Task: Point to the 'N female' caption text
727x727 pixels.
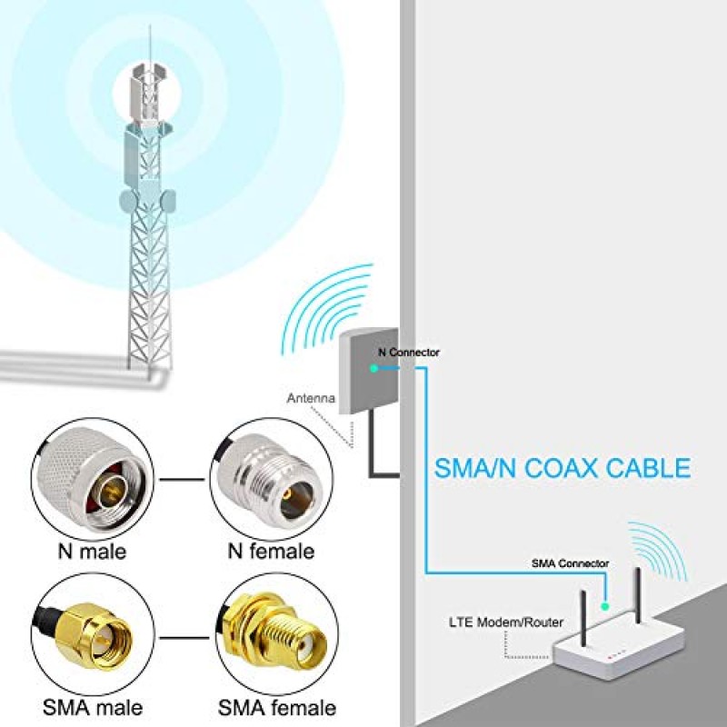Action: click(x=269, y=551)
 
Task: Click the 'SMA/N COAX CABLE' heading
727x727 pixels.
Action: click(x=562, y=469)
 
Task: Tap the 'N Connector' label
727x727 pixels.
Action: click(x=409, y=352)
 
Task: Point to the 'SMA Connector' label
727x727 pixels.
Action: click(x=570, y=563)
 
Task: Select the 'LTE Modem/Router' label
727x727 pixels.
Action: click(x=506, y=622)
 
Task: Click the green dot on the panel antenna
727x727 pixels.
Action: click(x=373, y=368)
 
